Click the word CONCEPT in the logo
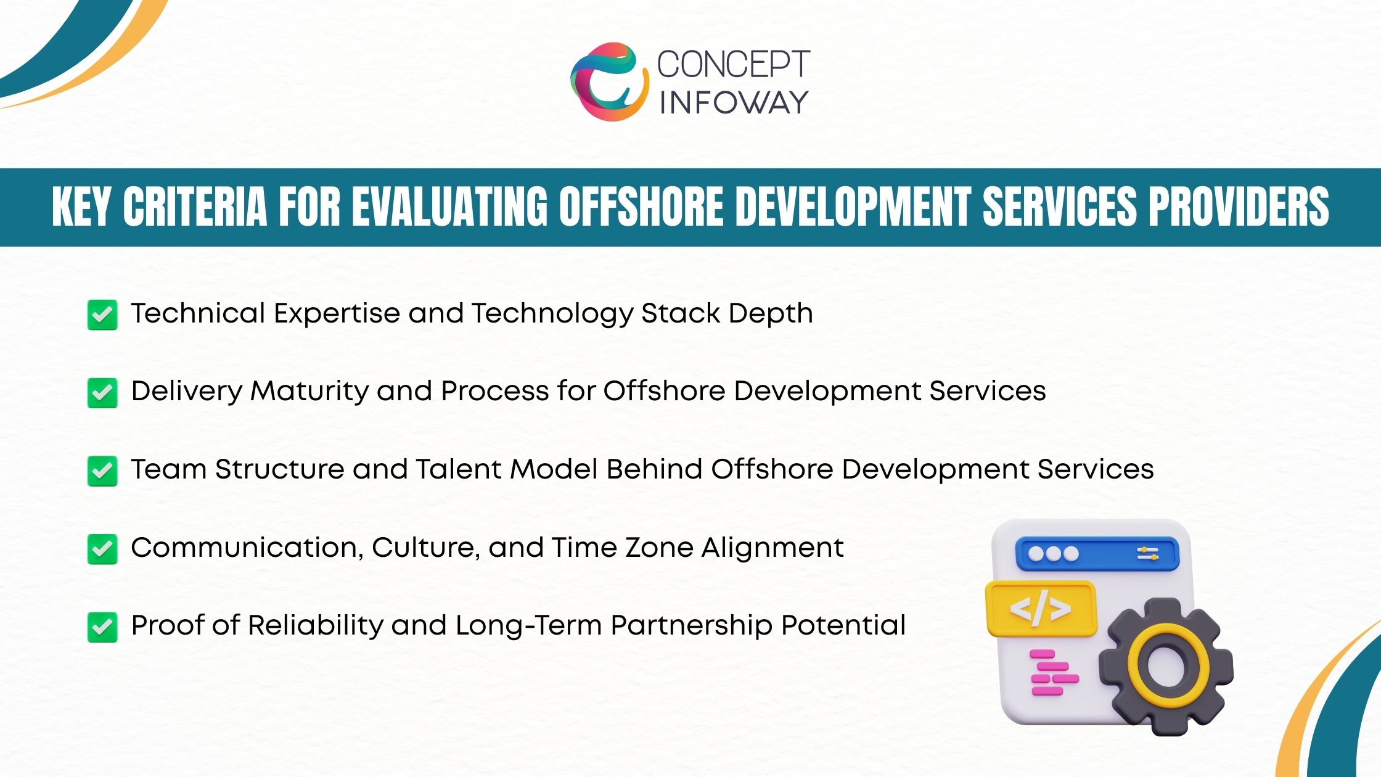pyautogui.click(x=733, y=64)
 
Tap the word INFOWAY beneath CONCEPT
pyautogui.click(x=733, y=102)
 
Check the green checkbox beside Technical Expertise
pyautogui.click(x=102, y=315)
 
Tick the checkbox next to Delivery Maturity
pyautogui.click(x=102, y=393)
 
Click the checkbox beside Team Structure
pyautogui.click(x=102, y=471)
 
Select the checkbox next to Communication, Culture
pyautogui.click(x=102, y=549)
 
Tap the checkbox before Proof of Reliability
pyautogui.click(x=102, y=627)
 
